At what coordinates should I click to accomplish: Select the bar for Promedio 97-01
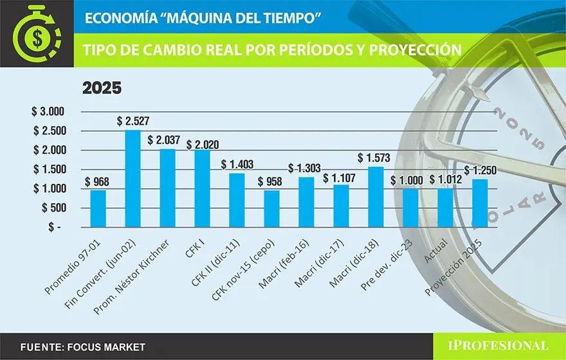(98, 208)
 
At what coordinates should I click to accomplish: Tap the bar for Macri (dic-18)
(376, 197)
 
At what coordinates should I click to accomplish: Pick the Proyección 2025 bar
(480, 203)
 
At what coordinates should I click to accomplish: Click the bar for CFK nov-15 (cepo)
(271, 208)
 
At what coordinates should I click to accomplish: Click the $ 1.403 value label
(237, 165)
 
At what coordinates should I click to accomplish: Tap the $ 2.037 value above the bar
(167, 139)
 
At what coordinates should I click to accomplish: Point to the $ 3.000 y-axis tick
(48, 111)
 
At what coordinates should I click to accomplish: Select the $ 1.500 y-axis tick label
(48, 170)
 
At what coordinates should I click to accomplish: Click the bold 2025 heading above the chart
(102, 88)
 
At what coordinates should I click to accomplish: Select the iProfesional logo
(498, 346)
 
